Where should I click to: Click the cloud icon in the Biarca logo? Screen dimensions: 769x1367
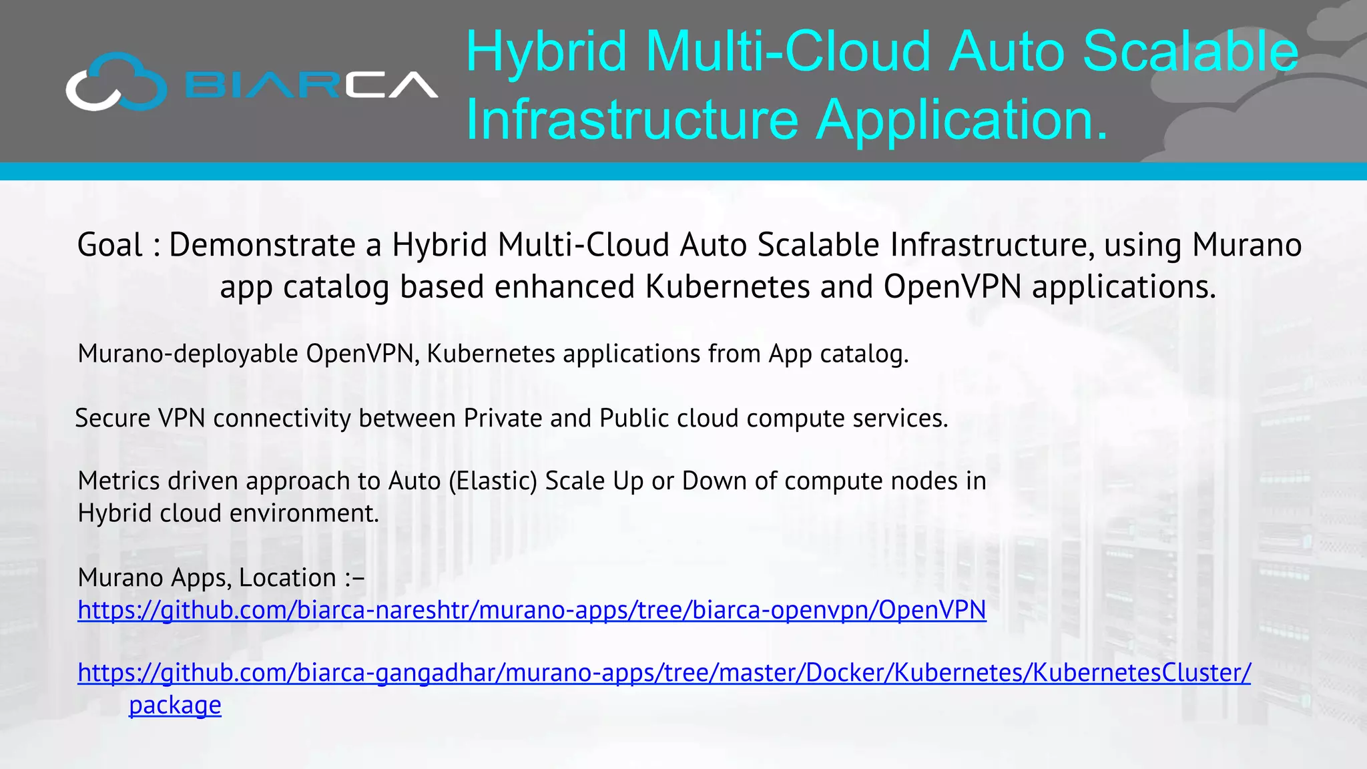(x=116, y=83)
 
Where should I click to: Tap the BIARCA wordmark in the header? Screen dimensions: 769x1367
(x=311, y=85)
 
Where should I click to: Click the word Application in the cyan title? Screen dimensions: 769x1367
(x=961, y=120)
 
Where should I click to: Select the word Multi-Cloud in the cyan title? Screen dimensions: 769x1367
(x=788, y=51)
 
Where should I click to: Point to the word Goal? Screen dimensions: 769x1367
(x=109, y=245)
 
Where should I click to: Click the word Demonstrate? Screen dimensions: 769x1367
(x=262, y=245)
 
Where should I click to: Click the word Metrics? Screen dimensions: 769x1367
(x=117, y=481)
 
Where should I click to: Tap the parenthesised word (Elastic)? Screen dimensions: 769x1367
(x=493, y=481)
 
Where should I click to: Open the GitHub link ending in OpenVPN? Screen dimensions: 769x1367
(x=531, y=610)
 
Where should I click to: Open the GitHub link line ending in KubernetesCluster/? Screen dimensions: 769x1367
(x=664, y=673)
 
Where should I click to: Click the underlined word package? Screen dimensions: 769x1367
(x=175, y=706)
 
